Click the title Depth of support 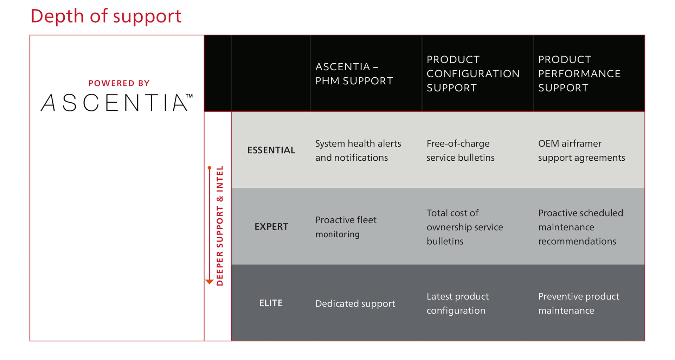pyautogui.click(x=106, y=16)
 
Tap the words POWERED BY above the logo pyautogui.click(x=119, y=83)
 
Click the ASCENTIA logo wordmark pyautogui.click(x=114, y=103)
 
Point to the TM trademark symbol pyautogui.click(x=189, y=96)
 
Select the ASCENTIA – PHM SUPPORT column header pyautogui.click(x=354, y=74)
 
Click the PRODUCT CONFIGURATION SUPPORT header pyautogui.click(x=473, y=74)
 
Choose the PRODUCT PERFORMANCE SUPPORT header pyautogui.click(x=579, y=74)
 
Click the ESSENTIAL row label pyautogui.click(x=271, y=150)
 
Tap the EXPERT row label pyautogui.click(x=271, y=227)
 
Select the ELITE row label pyautogui.click(x=271, y=303)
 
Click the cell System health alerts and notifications pyautogui.click(x=358, y=150)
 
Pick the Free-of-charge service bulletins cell pyautogui.click(x=460, y=150)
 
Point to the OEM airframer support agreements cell pyautogui.click(x=581, y=150)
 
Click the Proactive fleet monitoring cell pyautogui.click(x=346, y=227)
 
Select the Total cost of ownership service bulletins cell pyautogui.click(x=464, y=227)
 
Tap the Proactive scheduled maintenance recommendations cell pyautogui.click(x=580, y=227)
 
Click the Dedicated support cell pyautogui.click(x=355, y=303)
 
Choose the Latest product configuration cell pyautogui.click(x=457, y=303)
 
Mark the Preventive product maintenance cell pyautogui.click(x=578, y=303)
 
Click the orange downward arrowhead pyautogui.click(x=209, y=282)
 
